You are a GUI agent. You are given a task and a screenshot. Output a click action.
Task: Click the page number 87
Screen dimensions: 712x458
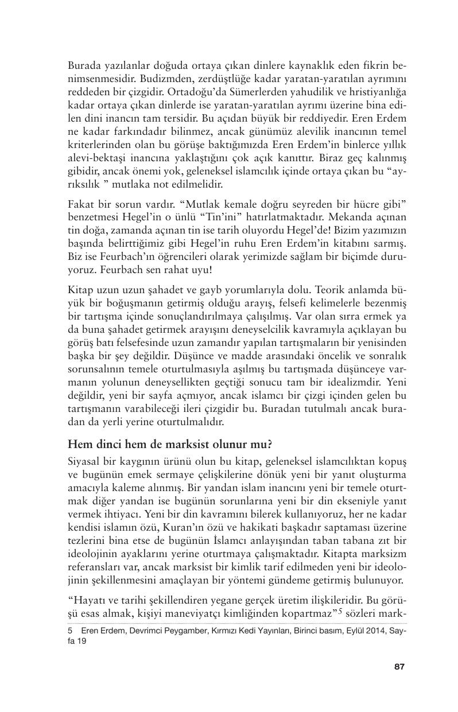pos(400,666)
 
